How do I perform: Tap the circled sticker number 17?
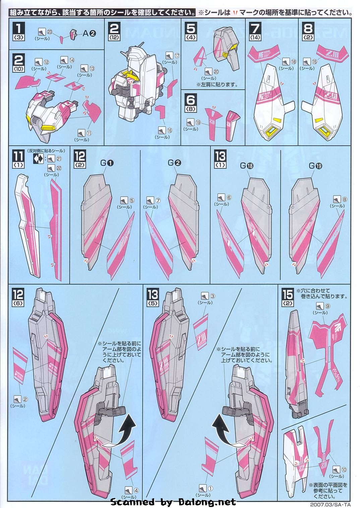(178, 55)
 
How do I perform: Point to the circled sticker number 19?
(198, 123)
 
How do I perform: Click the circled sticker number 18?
(294, 62)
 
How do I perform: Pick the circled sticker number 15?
(314, 62)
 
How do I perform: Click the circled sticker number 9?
(328, 305)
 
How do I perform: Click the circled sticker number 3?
(213, 296)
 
